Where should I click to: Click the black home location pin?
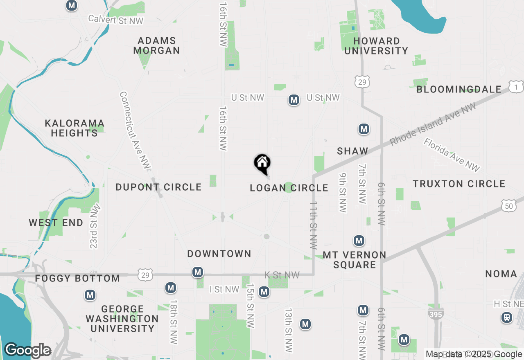click(x=262, y=164)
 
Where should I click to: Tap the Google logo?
click(x=27, y=350)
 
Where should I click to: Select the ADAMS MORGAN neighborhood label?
click(x=157, y=46)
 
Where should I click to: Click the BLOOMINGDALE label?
click(x=458, y=89)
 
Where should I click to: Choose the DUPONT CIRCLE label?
click(x=158, y=187)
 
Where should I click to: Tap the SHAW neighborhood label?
click(x=352, y=151)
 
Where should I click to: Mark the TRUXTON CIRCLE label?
click(x=459, y=184)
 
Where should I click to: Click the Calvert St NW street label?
click(x=115, y=20)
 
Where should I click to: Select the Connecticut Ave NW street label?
click(x=135, y=130)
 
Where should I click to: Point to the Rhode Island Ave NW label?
click(x=433, y=124)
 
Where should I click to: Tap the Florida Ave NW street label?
click(x=452, y=155)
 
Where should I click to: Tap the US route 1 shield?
click(x=516, y=86)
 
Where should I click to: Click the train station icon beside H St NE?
click(x=507, y=317)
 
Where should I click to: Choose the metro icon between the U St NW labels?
click(x=294, y=100)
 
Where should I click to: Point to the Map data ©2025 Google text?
click(x=474, y=354)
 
